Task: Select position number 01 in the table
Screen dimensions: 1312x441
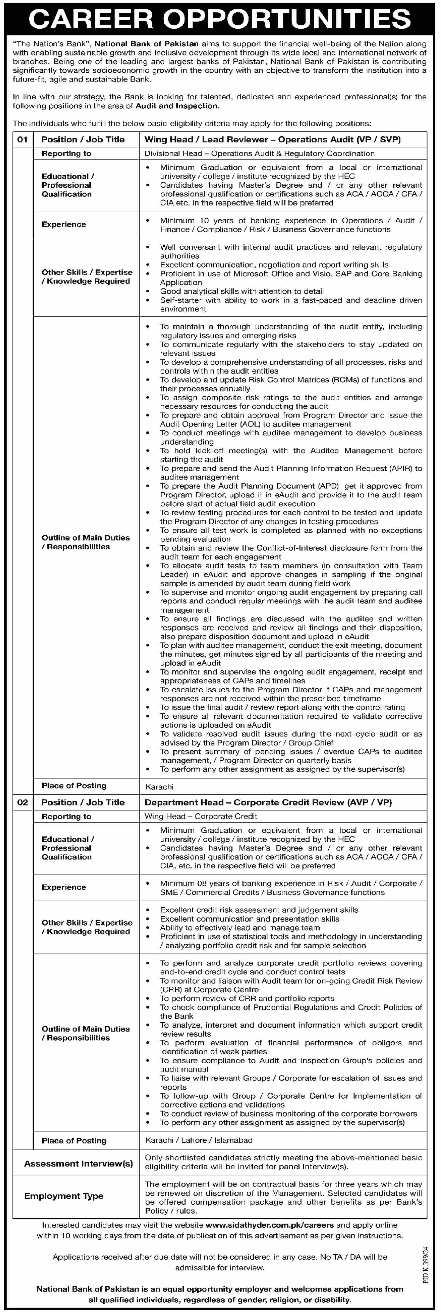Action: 22,139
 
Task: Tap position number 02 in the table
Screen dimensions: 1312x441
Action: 22,802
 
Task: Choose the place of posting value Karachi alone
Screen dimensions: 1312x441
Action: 159,787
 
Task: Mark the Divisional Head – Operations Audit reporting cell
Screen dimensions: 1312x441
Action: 260,153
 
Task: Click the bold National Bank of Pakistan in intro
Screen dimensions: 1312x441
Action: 147,44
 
